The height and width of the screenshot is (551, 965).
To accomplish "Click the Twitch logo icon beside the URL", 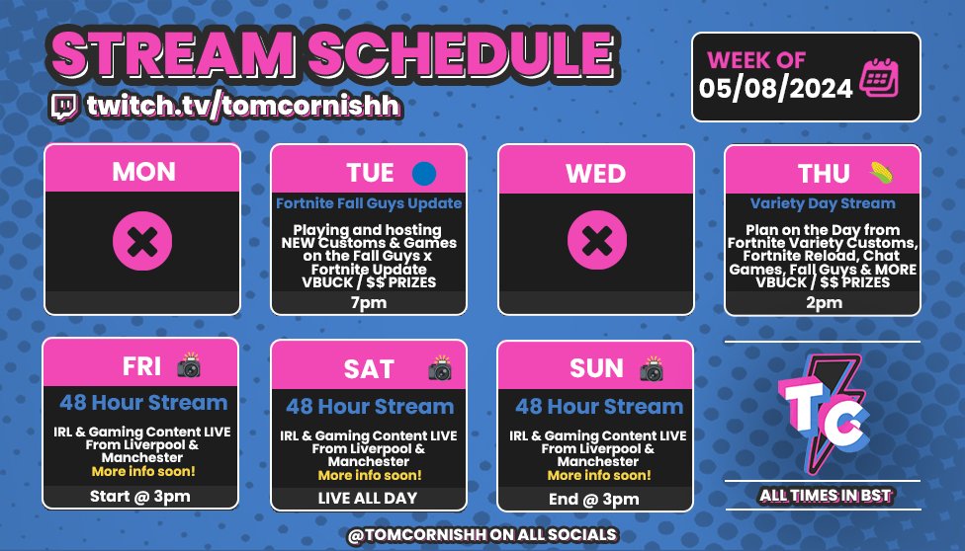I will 64,105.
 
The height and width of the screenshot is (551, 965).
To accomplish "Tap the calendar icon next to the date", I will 878,77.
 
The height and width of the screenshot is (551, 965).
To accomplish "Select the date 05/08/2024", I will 776,88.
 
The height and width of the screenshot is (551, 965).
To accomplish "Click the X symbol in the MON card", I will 142,241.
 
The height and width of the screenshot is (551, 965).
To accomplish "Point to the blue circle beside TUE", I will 424,174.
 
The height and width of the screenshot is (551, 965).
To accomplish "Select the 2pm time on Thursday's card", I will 823,302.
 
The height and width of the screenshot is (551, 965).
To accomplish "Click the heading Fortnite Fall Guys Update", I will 369,203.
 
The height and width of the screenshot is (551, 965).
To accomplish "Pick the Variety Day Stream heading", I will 823,203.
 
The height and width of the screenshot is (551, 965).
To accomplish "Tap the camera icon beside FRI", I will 188,365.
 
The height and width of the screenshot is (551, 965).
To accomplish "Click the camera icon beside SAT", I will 439,369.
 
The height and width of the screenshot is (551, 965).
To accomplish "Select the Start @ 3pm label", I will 139,497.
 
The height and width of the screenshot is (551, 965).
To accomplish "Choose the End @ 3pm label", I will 594,499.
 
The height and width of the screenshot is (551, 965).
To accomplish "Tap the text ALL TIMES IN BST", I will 823,494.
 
